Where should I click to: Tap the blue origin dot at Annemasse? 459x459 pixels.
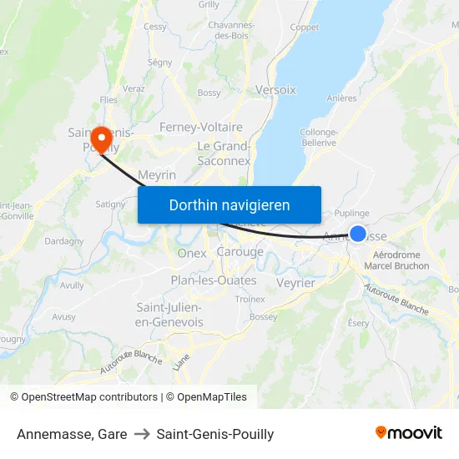pos(358,234)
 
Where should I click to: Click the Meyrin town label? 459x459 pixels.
pos(157,175)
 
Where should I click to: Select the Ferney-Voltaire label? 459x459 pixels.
pos(201,128)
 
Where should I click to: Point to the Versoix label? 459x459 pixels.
pos(275,89)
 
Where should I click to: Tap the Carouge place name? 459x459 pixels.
pos(240,252)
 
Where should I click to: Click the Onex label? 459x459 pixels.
pos(192,254)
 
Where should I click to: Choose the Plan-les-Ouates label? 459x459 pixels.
pos(214,280)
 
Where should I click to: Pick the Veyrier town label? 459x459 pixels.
pos(295,283)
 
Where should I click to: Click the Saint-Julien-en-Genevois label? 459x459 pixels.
pos(169,315)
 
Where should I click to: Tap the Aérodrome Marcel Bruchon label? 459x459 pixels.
pos(401,260)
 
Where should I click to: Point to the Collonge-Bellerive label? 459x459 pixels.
pos(319,138)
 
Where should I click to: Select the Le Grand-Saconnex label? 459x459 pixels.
pos(224,154)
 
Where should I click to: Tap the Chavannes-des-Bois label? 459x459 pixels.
pos(230,30)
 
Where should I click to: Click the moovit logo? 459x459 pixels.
pos(409,433)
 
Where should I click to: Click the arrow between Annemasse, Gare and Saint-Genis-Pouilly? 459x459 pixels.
pos(142,434)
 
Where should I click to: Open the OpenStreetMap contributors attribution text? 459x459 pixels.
pos(83,397)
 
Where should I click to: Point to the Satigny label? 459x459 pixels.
pos(110,203)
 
